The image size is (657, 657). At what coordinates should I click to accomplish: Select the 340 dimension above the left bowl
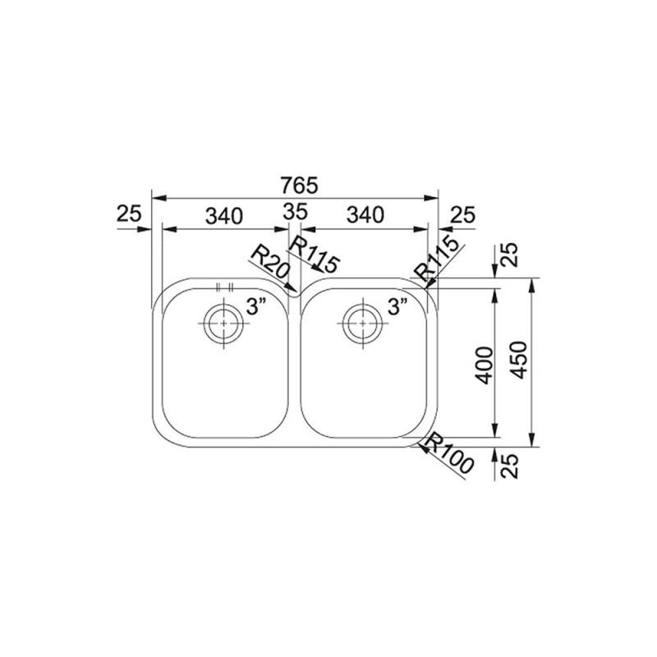(224, 215)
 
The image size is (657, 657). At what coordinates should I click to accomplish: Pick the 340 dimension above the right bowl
(365, 215)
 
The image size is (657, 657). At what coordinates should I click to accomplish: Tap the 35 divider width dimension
(296, 212)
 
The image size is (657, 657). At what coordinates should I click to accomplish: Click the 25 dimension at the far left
(129, 214)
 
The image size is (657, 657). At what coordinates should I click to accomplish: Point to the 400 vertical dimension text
(485, 365)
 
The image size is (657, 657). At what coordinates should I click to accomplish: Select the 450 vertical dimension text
(520, 360)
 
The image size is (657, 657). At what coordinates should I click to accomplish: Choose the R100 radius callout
(448, 456)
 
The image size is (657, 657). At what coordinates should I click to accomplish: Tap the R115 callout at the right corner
(436, 259)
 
